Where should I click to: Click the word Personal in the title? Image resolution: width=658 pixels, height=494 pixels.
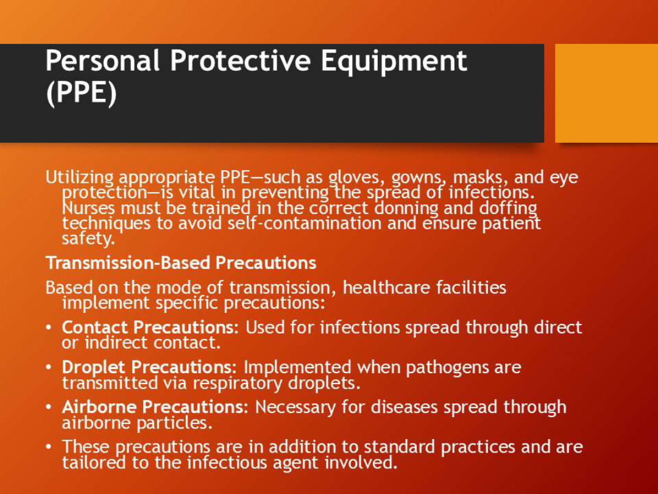tap(102, 61)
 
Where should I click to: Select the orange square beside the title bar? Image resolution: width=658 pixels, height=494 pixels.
tap(606, 93)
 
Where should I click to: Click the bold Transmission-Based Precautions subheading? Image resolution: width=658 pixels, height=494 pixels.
tap(181, 263)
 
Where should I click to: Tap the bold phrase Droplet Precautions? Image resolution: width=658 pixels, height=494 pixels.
tap(146, 368)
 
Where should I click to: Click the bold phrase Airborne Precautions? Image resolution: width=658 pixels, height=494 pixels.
tap(152, 407)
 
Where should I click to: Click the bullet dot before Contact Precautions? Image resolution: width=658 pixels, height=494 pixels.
tap(49, 328)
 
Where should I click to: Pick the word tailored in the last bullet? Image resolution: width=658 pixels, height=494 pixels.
tap(92, 463)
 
